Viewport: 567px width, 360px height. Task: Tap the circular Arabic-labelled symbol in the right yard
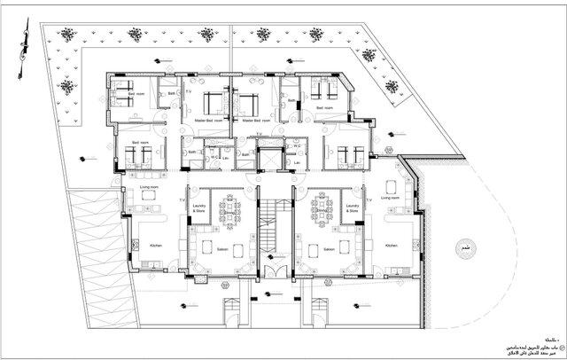coord(463,247)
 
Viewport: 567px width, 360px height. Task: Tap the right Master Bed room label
coord(261,119)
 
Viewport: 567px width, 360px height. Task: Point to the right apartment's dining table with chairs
coord(316,210)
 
